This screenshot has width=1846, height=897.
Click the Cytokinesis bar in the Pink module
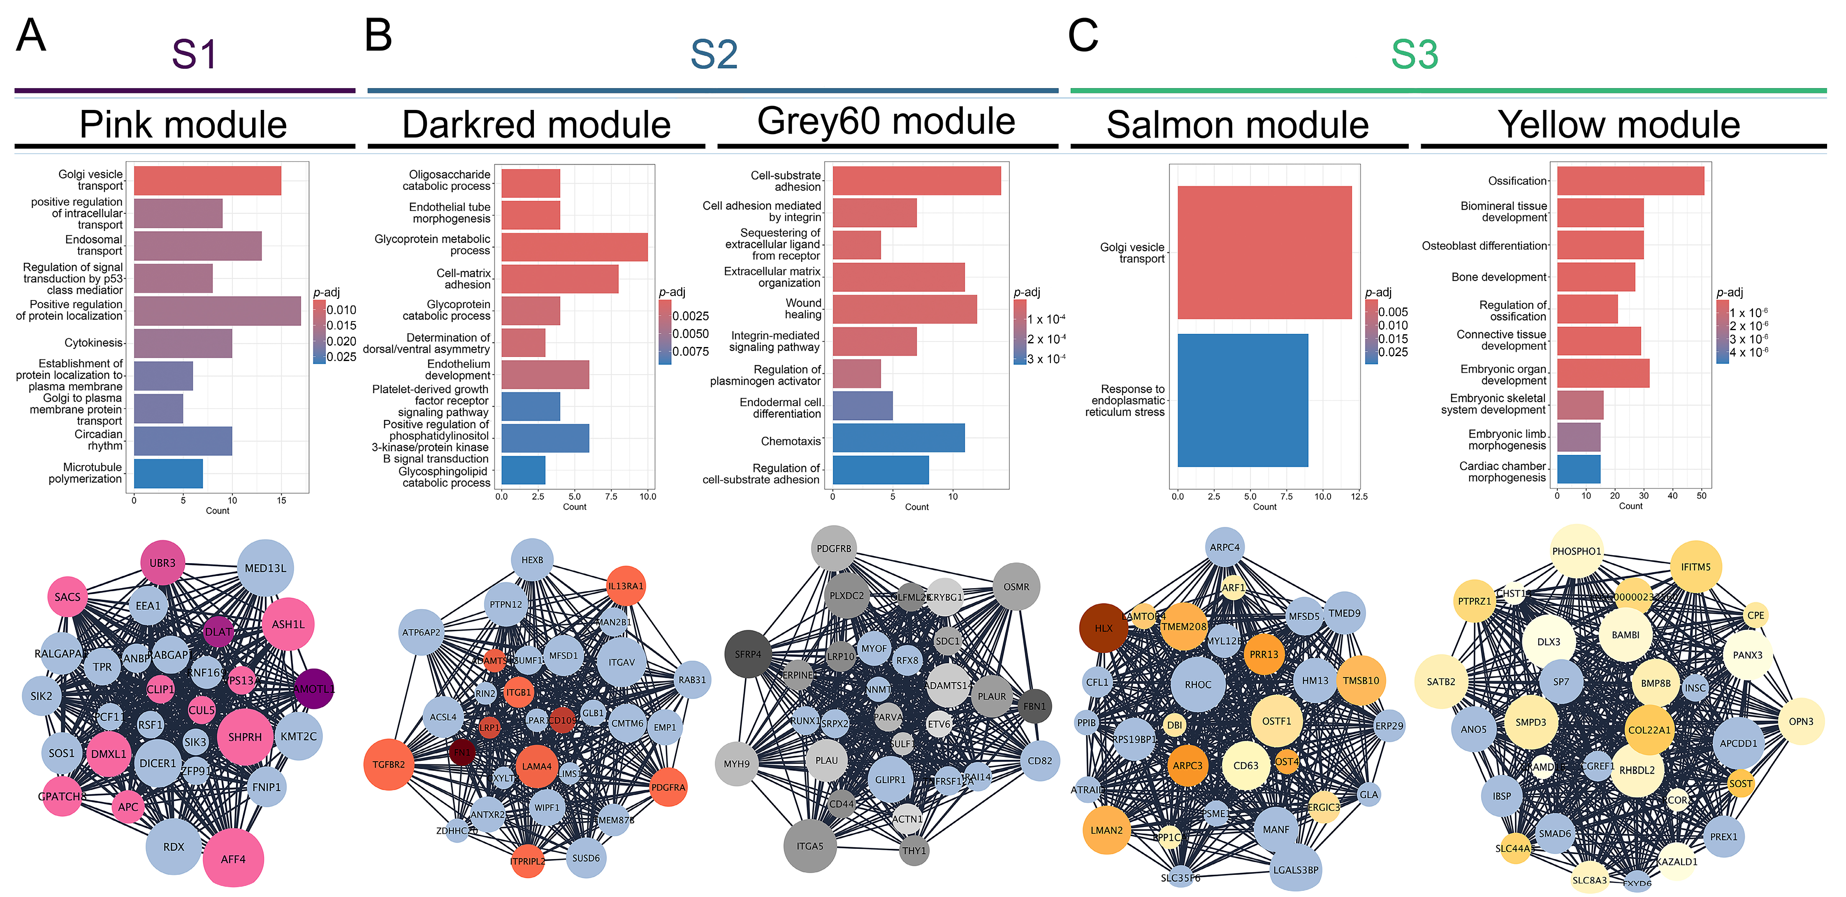point(183,343)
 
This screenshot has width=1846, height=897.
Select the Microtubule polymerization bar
point(168,473)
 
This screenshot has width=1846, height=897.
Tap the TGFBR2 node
point(388,764)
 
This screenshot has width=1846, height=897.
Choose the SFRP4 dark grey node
point(747,654)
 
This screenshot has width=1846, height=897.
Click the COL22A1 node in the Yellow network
point(1649,730)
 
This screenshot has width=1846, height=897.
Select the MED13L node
point(265,568)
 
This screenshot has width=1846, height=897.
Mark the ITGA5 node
point(810,846)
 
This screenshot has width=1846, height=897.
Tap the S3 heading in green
point(1414,54)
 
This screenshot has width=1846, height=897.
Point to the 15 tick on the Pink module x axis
point(282,501)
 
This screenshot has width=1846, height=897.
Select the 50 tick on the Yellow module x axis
point(1701,496)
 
